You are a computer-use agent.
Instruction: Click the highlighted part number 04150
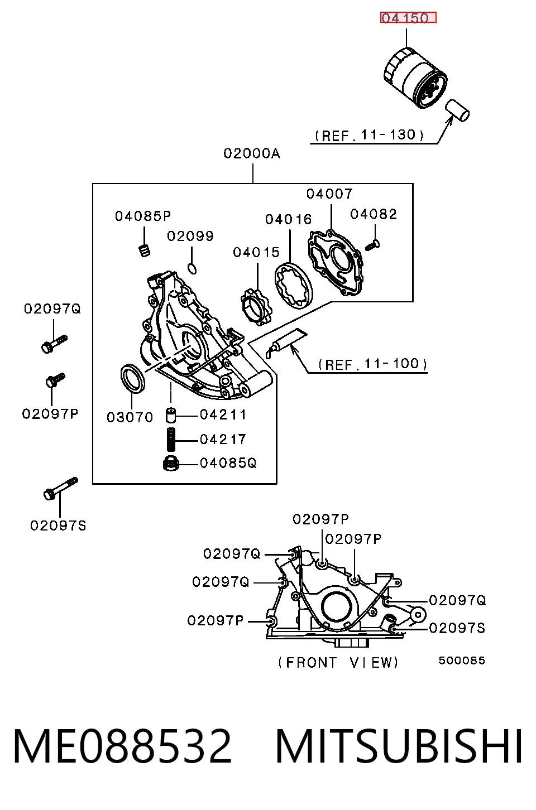pos(408,17)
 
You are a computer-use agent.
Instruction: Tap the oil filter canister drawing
pos(415,78)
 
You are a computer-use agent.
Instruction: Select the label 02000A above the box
pos(252,153)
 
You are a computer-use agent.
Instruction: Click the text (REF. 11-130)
pos(369,135)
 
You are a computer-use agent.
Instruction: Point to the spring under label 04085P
pos(145,250)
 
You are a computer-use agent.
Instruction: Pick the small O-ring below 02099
pos(193,269)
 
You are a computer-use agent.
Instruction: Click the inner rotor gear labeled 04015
pos(256,307)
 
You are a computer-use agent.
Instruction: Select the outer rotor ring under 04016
pos(293,286)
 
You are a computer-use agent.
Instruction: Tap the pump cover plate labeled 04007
pos(335,262)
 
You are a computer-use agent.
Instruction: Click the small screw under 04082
pos(372,245)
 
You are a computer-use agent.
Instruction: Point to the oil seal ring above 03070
pos(132,379)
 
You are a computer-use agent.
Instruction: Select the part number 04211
pos(223,415)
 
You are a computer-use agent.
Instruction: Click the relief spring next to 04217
pos(171,440)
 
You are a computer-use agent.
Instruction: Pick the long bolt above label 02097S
pos(61,488)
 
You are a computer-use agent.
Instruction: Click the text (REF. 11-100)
pos(373,364)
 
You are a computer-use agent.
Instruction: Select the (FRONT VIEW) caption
pos(338,663)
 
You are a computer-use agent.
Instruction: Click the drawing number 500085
pos(461,660)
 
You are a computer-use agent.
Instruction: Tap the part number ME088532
pos(122,746)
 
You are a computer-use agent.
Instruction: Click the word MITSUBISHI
pos(399,746)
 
